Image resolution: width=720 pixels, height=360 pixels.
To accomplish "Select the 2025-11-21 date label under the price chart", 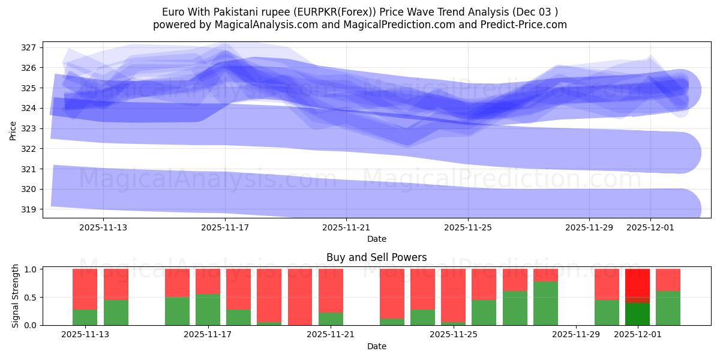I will coord(346,227).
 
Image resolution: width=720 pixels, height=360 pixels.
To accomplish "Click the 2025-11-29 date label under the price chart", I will coord(589,227).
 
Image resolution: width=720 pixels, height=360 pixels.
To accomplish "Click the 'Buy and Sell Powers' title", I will coord(376,257).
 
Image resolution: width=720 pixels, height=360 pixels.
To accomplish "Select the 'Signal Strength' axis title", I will coord(16,296).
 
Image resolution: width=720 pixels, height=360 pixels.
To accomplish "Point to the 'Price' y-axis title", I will coord(13,130).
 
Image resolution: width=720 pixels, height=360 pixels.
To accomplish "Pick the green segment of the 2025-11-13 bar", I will coord(85,317).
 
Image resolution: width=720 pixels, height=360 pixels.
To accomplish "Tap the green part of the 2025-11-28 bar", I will coord(545,303).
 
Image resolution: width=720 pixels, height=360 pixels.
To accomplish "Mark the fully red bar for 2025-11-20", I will coord(299,297).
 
